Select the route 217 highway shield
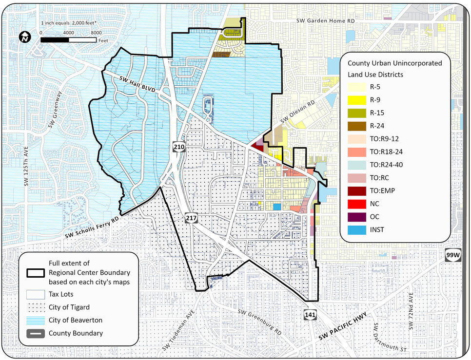tap(191, 217)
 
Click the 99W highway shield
tap(452, 255)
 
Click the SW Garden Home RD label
tap(326, 21)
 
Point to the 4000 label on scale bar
tap(68, 32)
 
